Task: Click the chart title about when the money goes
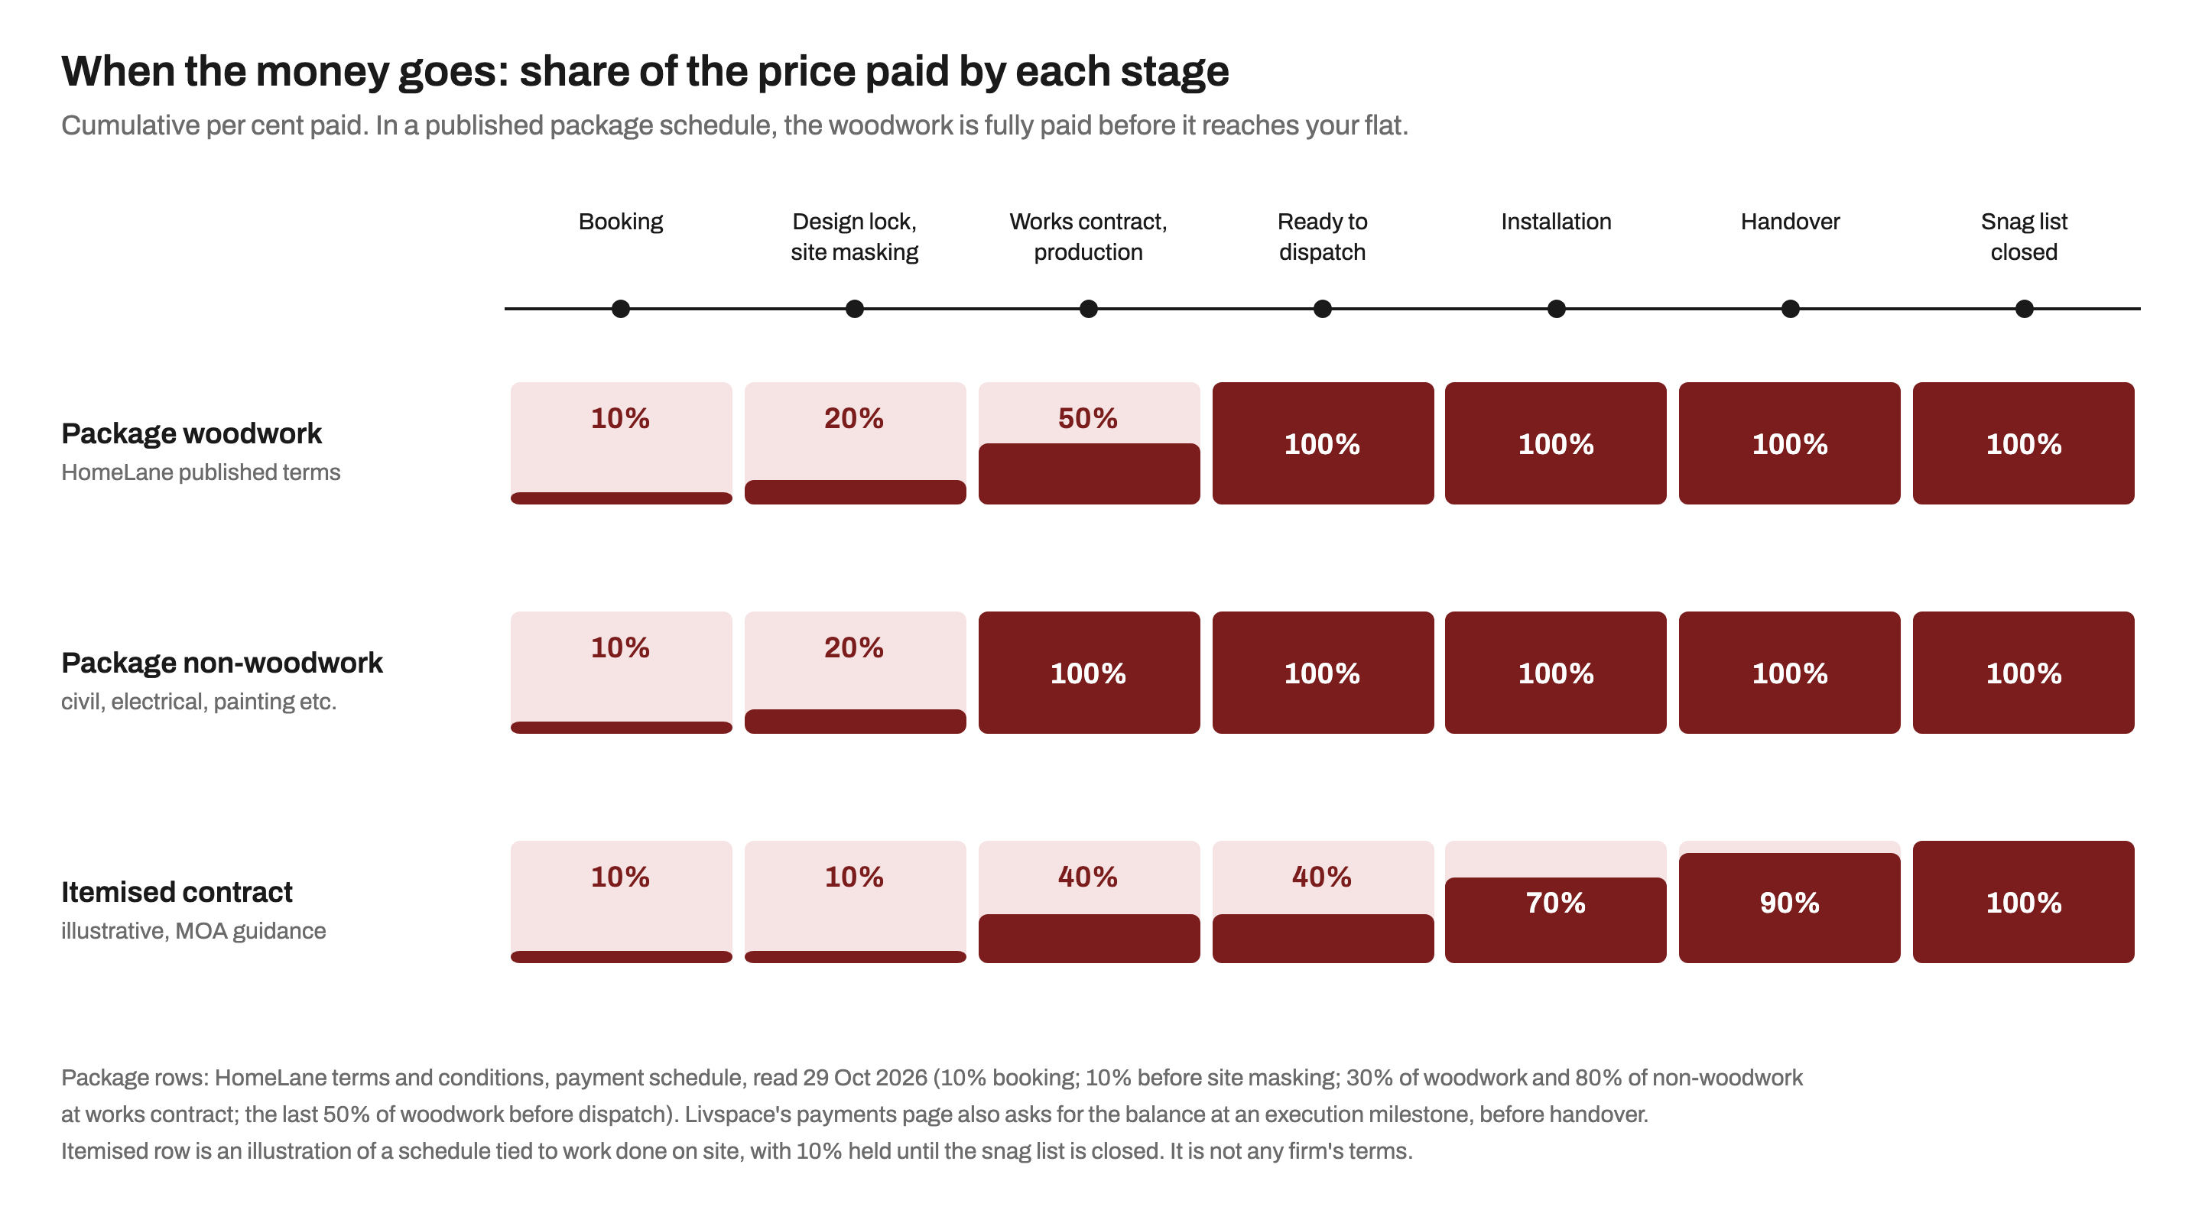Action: click(x=645, y=71)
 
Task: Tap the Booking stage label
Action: click(x=621, y=222)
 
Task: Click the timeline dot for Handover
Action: click(x=1790, y=309)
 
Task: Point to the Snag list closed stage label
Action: click(x=2023, y=237)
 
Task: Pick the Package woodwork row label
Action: click(x=191, y=433)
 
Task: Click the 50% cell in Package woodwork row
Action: click(x=1088, y=443)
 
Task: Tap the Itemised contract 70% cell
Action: click(x=1556, y=902)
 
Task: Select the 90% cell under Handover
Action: click(x=1789, y=902)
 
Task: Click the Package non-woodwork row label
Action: click(x=222, y=663)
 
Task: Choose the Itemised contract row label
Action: click(x=176, y=891)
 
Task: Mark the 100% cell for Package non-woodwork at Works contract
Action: click(x=1088, y=673)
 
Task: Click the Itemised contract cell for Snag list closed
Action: click(x=2023, y=902)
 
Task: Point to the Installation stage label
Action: click(x=1556, y=222)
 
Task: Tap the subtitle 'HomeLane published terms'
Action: click(x=200, y=472)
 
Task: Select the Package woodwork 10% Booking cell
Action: click(x=621, y=443)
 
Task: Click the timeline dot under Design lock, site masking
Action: click(x=854, y=309)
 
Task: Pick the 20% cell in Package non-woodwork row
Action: click(x=855, y=673)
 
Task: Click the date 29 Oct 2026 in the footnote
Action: click(x=864, y=1078)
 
